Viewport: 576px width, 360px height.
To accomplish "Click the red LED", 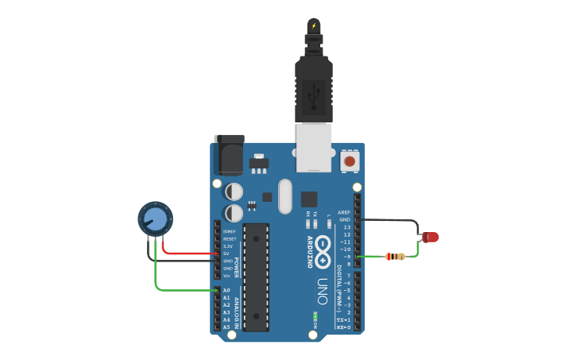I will click(x=431, y=237).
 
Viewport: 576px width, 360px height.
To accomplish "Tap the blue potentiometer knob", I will click(x=155, y=218).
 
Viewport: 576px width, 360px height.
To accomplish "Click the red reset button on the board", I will click(x=349, y=162).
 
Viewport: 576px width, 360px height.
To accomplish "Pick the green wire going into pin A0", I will click(x=183, y=290).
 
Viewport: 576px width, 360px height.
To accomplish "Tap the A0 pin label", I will click(x=226, y=291).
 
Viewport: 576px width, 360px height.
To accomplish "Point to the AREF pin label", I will click(x=344, y=212).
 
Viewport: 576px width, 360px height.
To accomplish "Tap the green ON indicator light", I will click(x=315, y=315).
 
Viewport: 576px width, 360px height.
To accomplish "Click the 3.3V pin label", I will click(x=229, y=246).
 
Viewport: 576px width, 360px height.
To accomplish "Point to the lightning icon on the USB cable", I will click(x=315, y=26).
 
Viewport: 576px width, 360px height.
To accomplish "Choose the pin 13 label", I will click(x=347, y=227).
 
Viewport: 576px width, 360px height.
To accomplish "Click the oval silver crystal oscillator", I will click(x=284, y=197).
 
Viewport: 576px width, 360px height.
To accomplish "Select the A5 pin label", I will click(x=226, y=327).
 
